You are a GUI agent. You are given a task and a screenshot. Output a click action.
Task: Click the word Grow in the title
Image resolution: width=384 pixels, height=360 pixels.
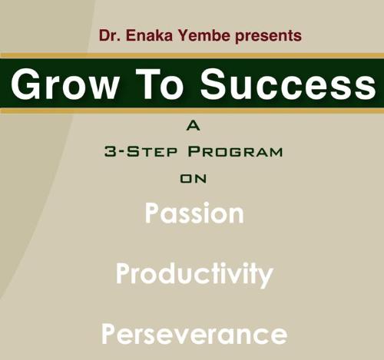(65, 84)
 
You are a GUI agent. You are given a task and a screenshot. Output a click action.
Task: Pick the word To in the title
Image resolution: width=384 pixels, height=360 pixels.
(160, 84)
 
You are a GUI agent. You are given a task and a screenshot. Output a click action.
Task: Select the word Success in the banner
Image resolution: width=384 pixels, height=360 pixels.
(288, 84)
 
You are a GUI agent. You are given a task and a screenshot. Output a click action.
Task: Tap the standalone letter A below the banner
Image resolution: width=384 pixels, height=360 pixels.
(193, 126)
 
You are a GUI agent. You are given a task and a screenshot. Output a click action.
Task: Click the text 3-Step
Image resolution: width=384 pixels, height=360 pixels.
(141, 151)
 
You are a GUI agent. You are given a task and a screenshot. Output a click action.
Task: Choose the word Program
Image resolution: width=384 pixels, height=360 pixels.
(235, 151)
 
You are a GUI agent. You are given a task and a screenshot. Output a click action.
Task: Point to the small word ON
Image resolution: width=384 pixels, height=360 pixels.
(194, 179)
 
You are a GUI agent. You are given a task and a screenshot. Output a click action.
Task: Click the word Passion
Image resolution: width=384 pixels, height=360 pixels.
(194, 213)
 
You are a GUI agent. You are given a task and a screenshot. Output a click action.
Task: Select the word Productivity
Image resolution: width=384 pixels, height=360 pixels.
(194, 274)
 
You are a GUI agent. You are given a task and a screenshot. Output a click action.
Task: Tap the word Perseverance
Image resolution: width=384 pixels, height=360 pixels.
(194, 334)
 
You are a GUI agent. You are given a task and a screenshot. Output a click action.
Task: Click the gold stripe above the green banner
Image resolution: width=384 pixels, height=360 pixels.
(192, 55)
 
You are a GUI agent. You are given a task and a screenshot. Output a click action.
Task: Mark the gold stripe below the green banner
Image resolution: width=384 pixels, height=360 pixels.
(192, 111)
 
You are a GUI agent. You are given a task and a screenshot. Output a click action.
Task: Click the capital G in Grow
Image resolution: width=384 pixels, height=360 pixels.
(25, 84)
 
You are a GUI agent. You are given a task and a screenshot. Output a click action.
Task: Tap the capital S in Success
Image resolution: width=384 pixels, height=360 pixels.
(214, 84)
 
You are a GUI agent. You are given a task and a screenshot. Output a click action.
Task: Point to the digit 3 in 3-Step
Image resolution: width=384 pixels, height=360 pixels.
(111, 151)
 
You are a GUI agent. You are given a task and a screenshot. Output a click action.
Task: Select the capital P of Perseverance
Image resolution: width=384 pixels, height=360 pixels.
(109, 334)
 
